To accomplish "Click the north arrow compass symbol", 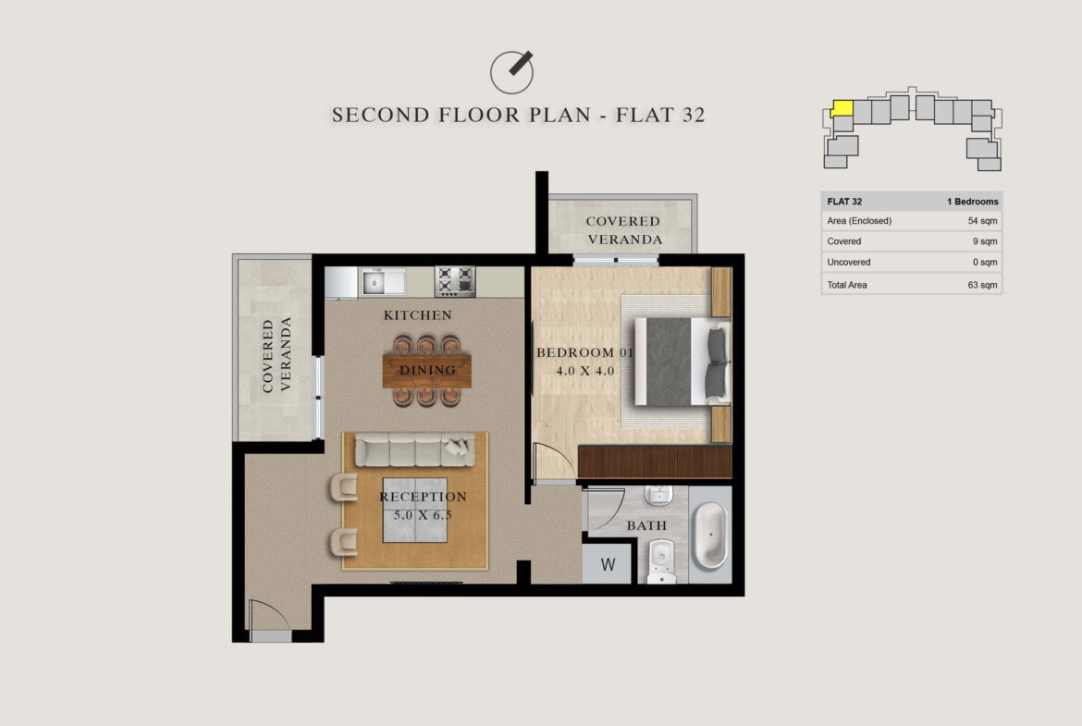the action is click(x=511, y=72).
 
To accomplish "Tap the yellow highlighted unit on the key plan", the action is click(x=842, y=108).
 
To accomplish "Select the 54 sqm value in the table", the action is click(x=982, y=221).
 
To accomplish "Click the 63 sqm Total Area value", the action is click(x=982, y=284).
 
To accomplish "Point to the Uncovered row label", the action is click(x=849, y=263).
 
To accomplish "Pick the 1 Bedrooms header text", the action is click(x=972, y=202).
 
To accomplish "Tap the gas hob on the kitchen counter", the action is click(x=455, y=281).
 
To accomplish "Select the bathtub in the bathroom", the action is click(x=710, y=535).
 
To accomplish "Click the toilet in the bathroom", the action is click(x=662, y=560).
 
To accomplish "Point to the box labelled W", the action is click(x=608, y=564).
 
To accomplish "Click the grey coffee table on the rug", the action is click(x=414, y=510).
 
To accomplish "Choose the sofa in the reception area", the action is click(x=414, y=450).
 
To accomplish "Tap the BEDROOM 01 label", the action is click(x=584, y=352).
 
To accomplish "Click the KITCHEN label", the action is click(x=417, y=315).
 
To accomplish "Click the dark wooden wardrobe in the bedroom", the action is click(x=655, y=461).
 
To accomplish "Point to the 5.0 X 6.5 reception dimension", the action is click(x=423, y=515).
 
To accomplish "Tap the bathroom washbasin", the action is click(x=658, y=496).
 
